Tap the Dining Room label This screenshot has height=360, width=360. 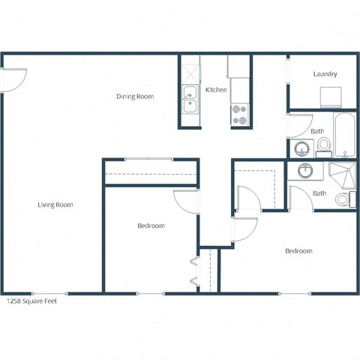(135, 96)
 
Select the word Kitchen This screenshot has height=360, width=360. (217, 90)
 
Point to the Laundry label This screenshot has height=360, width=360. (325, 74)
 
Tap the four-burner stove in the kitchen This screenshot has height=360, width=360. (239, 114)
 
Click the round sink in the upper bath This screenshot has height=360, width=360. (301, 148)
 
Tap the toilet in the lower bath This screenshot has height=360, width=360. (344, 199)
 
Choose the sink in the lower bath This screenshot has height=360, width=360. (305, 170)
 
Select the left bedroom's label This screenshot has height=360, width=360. (151, 226)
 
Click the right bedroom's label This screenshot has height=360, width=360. (298, 251)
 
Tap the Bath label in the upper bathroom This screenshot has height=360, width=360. (318, 131)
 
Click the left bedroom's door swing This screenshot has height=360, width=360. (185, 201)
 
